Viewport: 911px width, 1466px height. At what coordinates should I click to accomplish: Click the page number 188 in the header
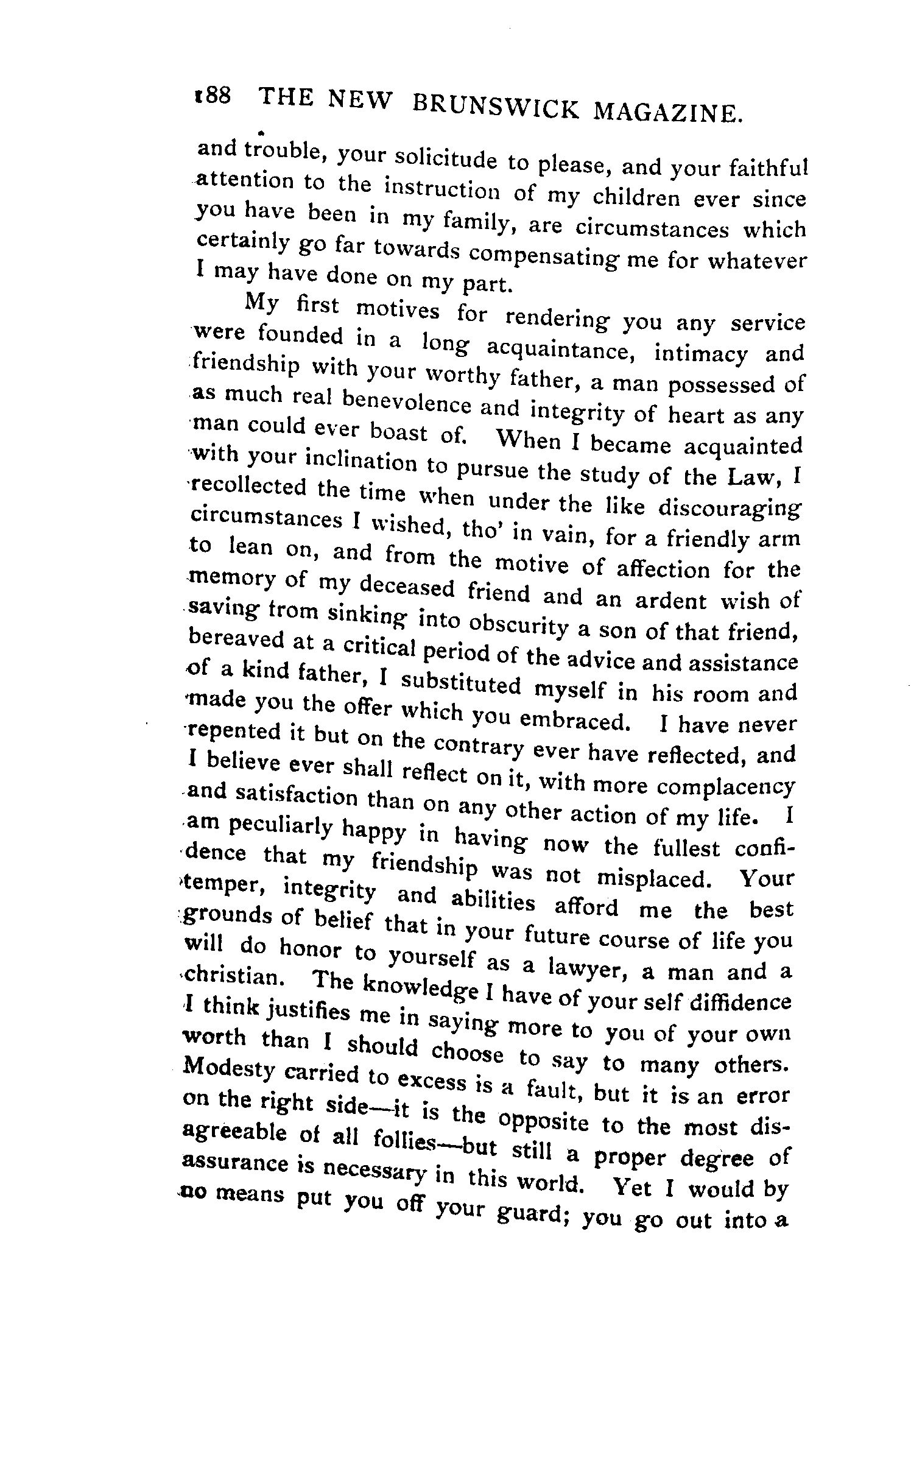[211, 98]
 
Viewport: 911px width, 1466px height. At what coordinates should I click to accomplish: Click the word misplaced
[651, 878]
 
